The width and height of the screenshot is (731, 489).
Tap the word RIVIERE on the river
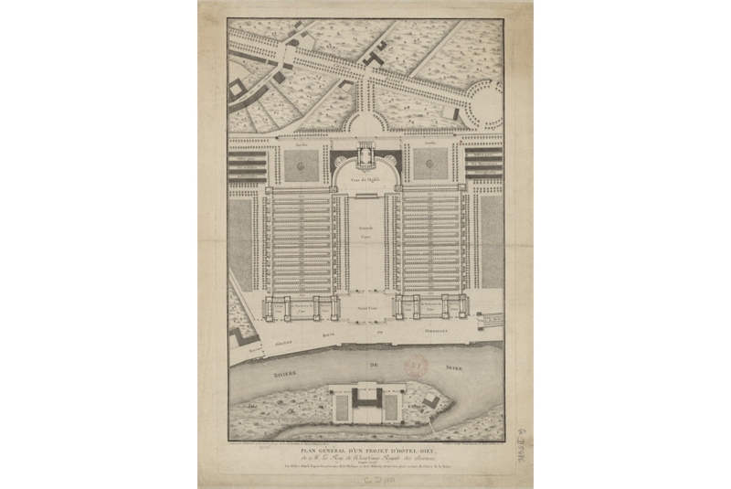pos(273,373)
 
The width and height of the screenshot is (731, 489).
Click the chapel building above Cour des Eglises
pos(365,157)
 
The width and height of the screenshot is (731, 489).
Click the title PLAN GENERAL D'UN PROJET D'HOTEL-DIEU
pos(365,450)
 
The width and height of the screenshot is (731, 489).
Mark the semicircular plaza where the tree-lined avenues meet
pos(366,124)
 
